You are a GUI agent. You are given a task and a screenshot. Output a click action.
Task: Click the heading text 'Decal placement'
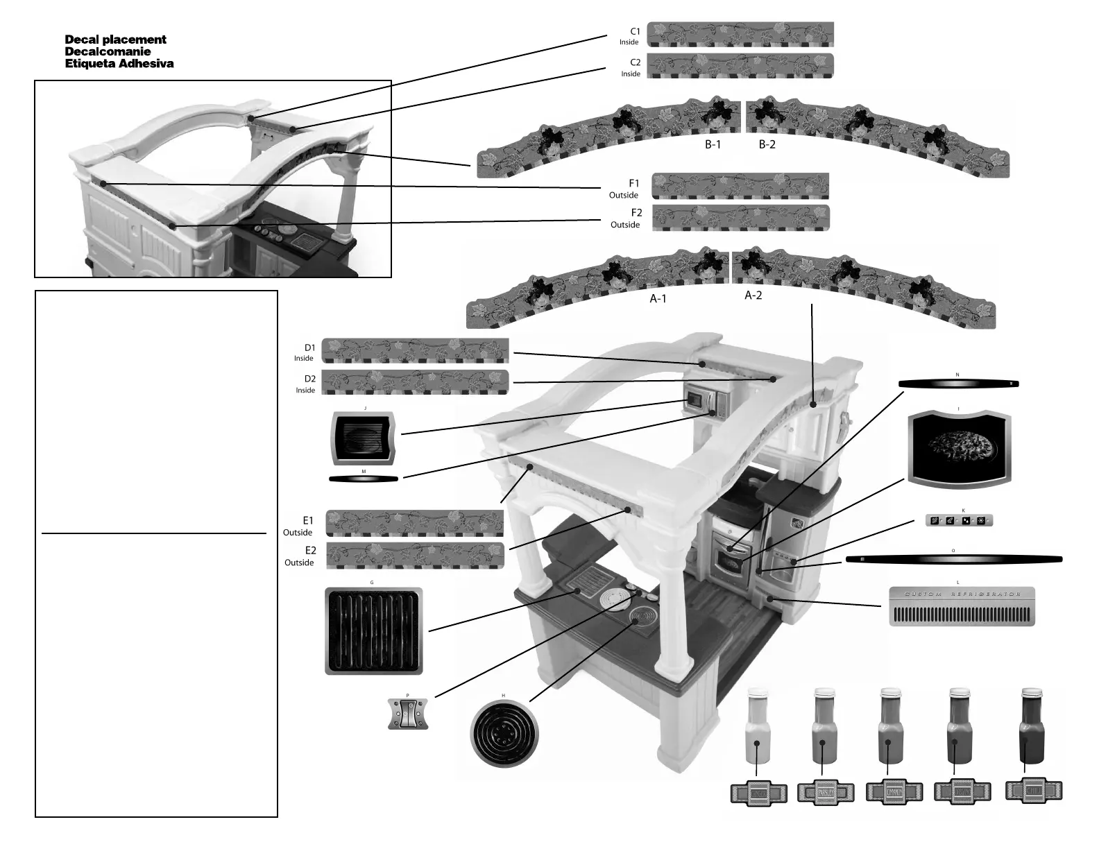115,40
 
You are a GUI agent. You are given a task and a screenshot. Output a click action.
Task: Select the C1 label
634,31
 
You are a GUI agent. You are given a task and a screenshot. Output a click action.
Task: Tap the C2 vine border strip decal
740,65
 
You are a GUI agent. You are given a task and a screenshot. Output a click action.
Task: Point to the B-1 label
713,145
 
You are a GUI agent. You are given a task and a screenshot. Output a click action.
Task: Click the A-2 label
753,295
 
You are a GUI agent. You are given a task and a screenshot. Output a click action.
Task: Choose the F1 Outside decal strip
740,186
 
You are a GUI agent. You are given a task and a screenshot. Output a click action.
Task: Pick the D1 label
309,348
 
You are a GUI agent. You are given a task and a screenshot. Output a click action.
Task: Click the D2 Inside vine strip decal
416,382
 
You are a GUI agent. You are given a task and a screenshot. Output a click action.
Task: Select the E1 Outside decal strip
414,524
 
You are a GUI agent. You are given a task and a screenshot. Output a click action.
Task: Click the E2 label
310,551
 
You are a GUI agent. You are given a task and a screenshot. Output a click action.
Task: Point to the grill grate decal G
373,631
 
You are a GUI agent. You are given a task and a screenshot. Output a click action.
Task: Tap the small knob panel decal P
408,714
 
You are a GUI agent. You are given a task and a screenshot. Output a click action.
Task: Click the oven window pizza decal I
959,448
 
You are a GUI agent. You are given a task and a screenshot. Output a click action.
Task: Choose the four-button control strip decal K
960,520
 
